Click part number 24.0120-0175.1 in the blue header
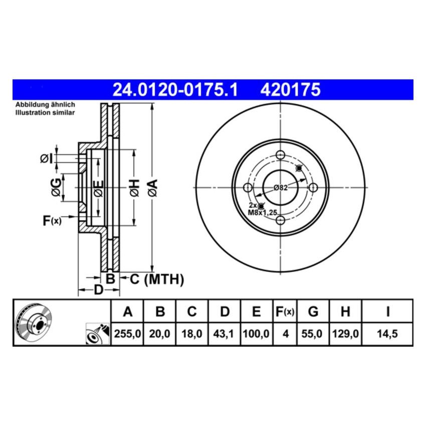click(x=175, y=90)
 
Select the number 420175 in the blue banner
click(x=289, y=90)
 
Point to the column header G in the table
click(x=313, y=312)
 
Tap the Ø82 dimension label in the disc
click(x=280, y=188)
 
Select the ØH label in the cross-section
click(x=133, y=187)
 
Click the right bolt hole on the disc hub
click(x=314, y=187)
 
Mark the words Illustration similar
click(x=45, y=113)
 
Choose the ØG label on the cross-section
click(x=57, y=187)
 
